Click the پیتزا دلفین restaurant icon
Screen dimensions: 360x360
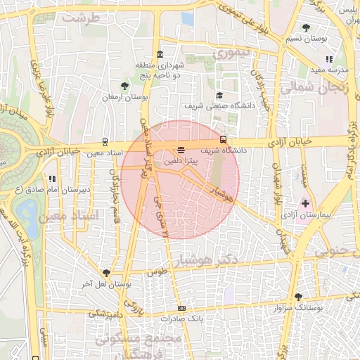[x=181, y=149]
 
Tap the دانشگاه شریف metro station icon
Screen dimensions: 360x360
[x=224, y=139]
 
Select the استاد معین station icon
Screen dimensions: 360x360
[x=105, y=141]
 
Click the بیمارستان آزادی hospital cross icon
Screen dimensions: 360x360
[x=304, y=203]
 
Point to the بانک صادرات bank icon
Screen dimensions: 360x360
[x=182, y=308]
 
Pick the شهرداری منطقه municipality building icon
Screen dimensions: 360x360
[x=160, y=54]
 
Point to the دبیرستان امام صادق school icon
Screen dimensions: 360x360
[x=51, y=179]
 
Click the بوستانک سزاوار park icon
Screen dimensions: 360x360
[x=298, y=297]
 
